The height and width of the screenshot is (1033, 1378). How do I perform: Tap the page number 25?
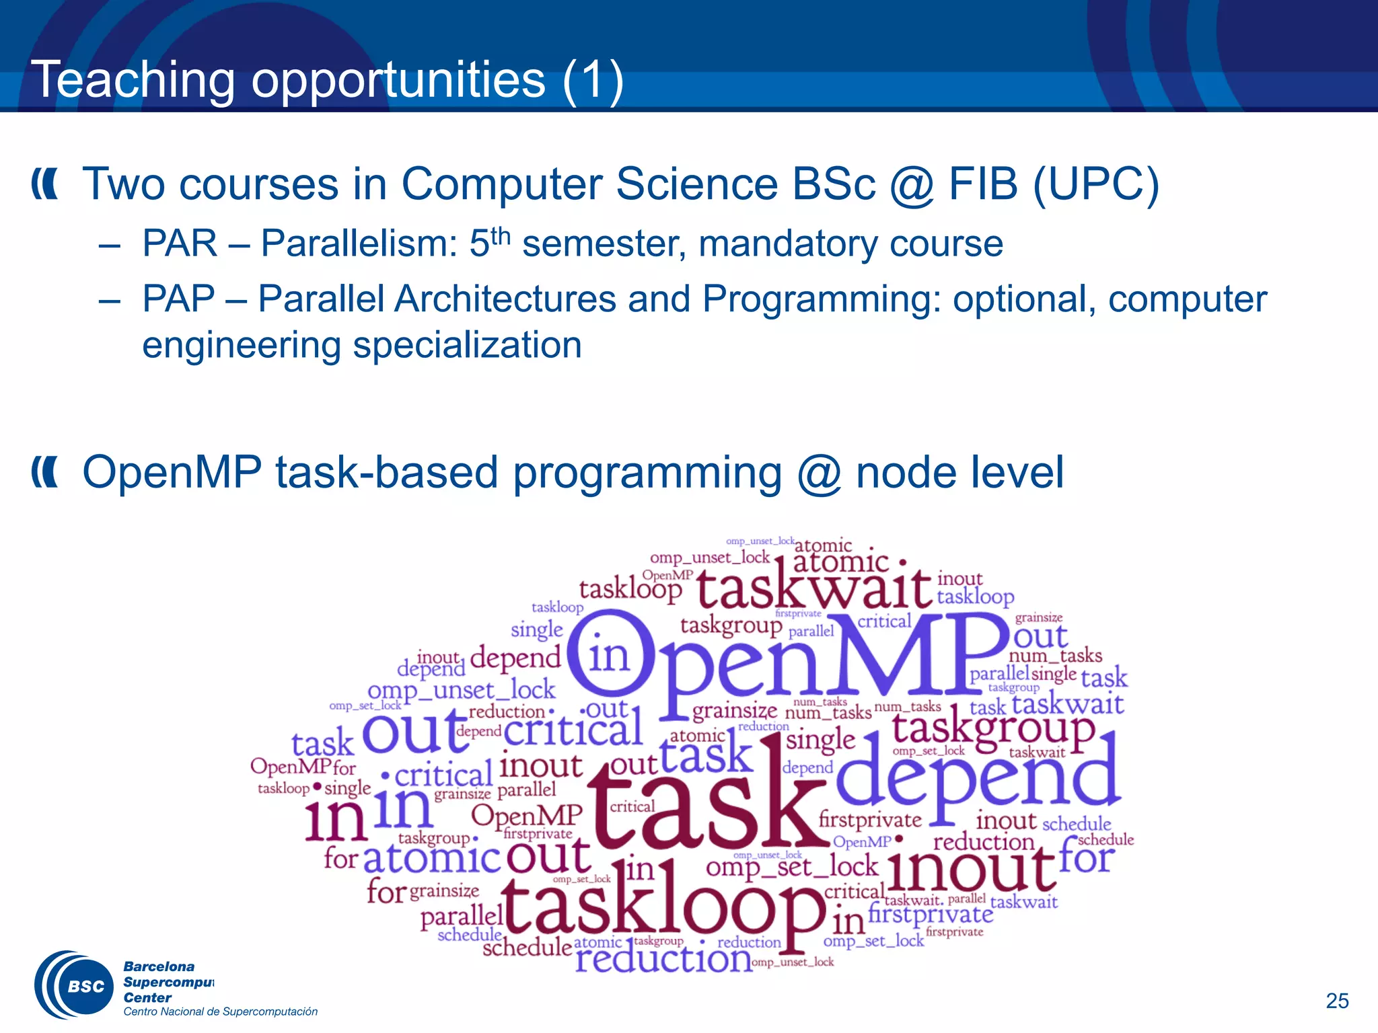click(x=1337, y=1001)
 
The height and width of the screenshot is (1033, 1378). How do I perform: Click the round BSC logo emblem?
click(x=75, y=985)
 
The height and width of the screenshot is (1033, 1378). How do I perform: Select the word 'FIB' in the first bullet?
click(x=983, y=184)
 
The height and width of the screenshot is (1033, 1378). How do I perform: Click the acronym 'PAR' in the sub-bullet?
click(x=180, y=243)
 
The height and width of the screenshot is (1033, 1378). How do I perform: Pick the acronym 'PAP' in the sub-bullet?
click(x=178, y=299)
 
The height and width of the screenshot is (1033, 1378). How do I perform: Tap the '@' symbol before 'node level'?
click(x=819, y=473)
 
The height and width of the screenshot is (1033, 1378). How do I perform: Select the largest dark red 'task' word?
click(x=706, y=800)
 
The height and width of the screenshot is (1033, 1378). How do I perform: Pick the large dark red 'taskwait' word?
click(x=814, y=588)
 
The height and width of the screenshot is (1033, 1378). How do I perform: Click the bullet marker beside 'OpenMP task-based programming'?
click(x=45, y=473)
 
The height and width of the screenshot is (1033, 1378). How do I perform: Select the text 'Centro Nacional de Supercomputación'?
click(x=220, y=1011)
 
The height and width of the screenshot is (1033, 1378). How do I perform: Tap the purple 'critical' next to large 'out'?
click(x=573, y=731)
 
